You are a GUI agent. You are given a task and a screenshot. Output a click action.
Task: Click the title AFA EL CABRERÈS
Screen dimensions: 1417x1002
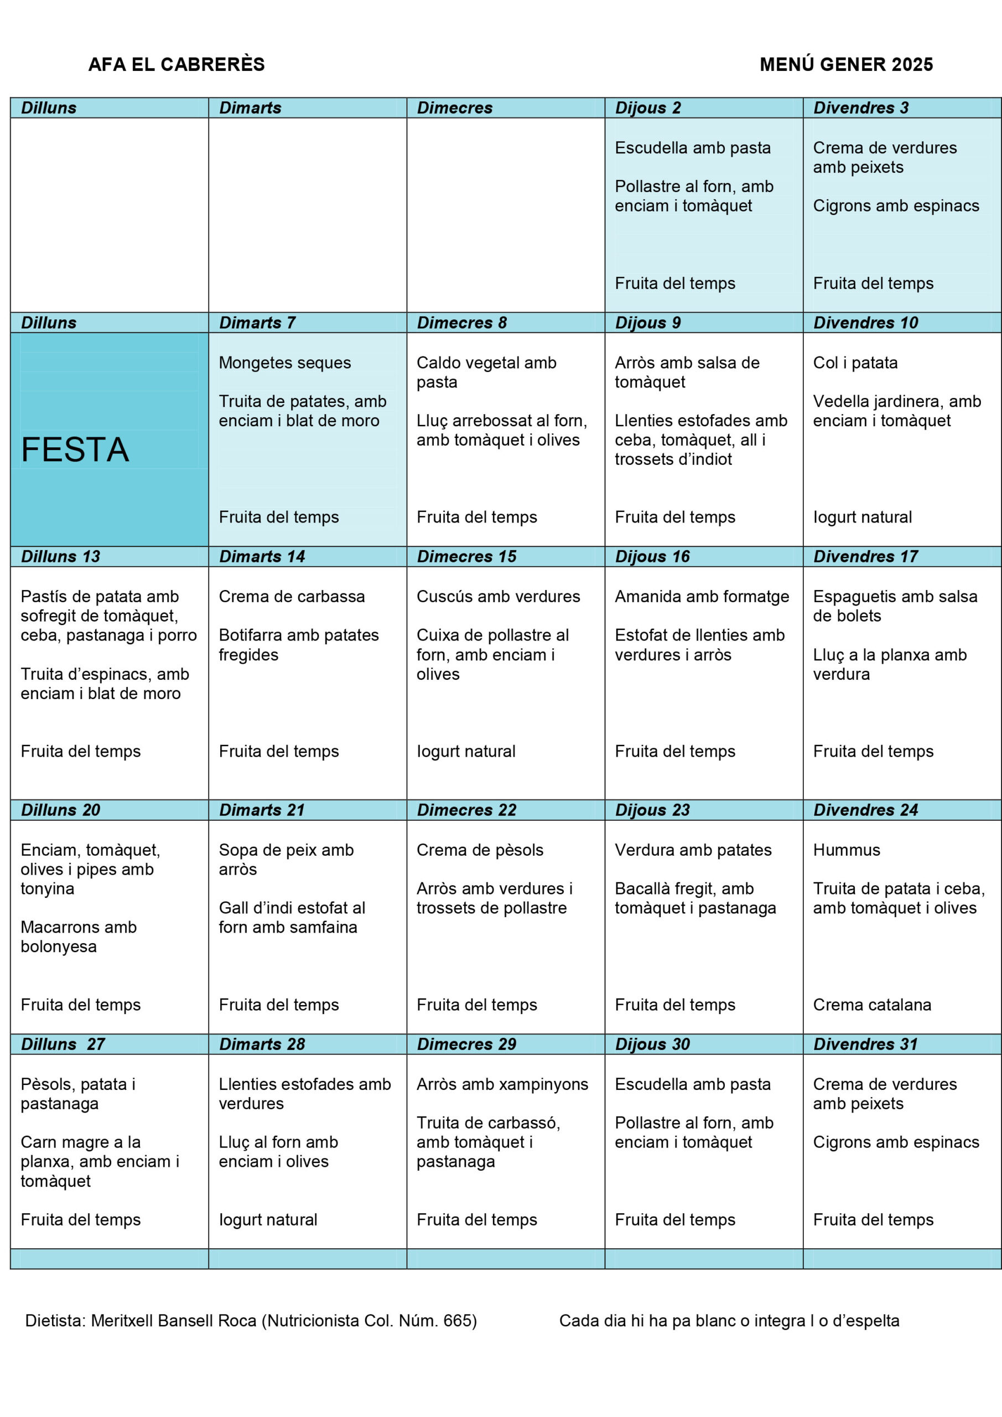[x=176, y=64]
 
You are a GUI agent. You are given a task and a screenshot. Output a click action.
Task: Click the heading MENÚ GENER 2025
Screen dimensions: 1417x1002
[x=846, y=64]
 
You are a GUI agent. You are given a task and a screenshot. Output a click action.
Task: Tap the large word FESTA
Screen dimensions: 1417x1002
[x=75, y=449]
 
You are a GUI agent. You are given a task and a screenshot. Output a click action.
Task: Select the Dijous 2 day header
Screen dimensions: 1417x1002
[x=648, y=108]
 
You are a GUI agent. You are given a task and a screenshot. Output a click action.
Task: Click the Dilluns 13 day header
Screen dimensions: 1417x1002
[x=60, y=557]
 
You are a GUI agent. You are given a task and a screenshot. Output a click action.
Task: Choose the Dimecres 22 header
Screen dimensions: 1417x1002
[x=466, y=810]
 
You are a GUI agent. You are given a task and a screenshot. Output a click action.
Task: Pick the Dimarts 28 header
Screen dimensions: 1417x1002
[x=262, y=1044]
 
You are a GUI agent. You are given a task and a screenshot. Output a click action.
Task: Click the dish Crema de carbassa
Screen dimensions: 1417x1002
[x=291, y=597]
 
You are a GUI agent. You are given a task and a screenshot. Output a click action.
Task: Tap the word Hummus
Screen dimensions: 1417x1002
[x=846, y=850]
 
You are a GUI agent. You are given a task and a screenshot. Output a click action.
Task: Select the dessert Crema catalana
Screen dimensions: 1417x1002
[x=872, y=1005]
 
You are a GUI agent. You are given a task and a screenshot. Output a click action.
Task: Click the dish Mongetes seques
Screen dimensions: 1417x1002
[x=284, y=363]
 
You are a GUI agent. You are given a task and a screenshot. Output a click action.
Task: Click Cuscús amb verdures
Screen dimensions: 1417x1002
[x=498, y=597]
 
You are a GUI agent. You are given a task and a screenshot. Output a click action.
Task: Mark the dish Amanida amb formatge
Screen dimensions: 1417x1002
[x=702, y=597]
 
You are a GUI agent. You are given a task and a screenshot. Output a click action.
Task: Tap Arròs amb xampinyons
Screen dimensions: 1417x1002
[x=502, y=1084]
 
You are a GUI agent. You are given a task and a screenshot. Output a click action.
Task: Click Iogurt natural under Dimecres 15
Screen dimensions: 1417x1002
[x=466, y=752]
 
